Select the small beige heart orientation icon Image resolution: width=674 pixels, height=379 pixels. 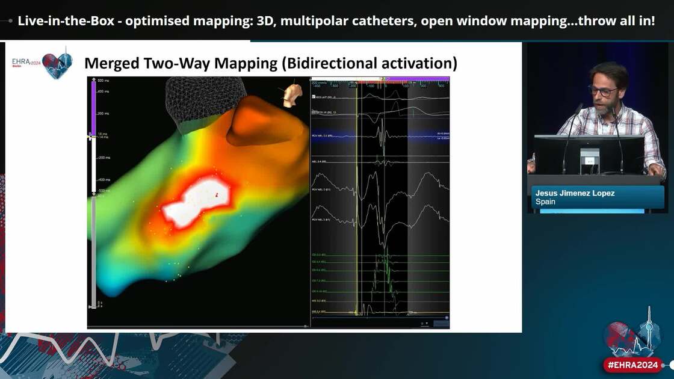coord(292,94)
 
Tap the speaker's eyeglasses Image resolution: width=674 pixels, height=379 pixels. coord(603,91)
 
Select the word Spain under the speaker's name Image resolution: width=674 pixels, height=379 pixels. coord(545,202)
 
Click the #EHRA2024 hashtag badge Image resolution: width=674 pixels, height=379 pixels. coord(633,365)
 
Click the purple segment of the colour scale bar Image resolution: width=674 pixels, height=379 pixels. coord(93,108)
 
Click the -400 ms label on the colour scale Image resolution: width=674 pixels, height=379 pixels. coord(104,179)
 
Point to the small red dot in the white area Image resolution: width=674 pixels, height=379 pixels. coord(215,195)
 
